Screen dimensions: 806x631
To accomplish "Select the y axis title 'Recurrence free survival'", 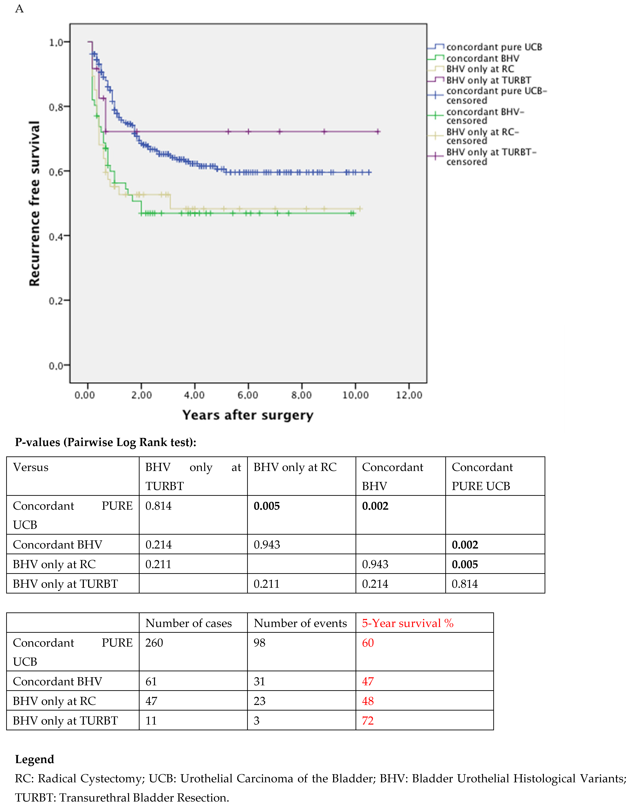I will (34, 203).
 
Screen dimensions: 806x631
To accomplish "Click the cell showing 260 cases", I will (154, 643).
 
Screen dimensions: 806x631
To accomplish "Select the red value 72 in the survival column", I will (368, 721).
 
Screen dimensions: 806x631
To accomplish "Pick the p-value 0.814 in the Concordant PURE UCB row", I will (158, 506).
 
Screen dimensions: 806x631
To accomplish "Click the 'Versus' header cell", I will (31, 467).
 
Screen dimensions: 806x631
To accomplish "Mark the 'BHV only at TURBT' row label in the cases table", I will (65, 721).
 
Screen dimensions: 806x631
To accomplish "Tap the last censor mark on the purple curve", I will (378, 132).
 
